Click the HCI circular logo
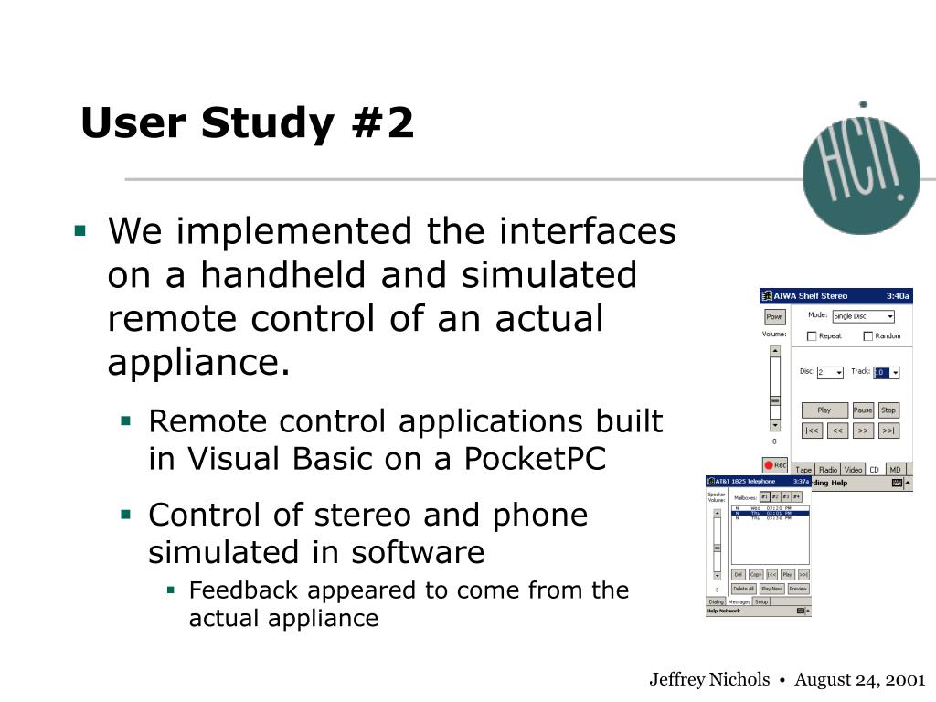click(860, 175)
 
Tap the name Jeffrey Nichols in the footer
click(709, 679)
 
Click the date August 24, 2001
click(860, 679)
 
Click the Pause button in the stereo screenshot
click(863, 410)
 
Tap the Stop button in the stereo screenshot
click(888, 410)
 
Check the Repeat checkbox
click(812, 336)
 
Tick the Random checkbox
click(867, 336)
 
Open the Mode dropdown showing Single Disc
click(863, 316)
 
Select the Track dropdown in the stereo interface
click(887, 372)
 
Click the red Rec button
click(775, 465)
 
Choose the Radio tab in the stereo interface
click(828, 470)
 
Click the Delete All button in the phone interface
click(743, 589)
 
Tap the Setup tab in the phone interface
click(761, 601)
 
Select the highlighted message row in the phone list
click(770, 514)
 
